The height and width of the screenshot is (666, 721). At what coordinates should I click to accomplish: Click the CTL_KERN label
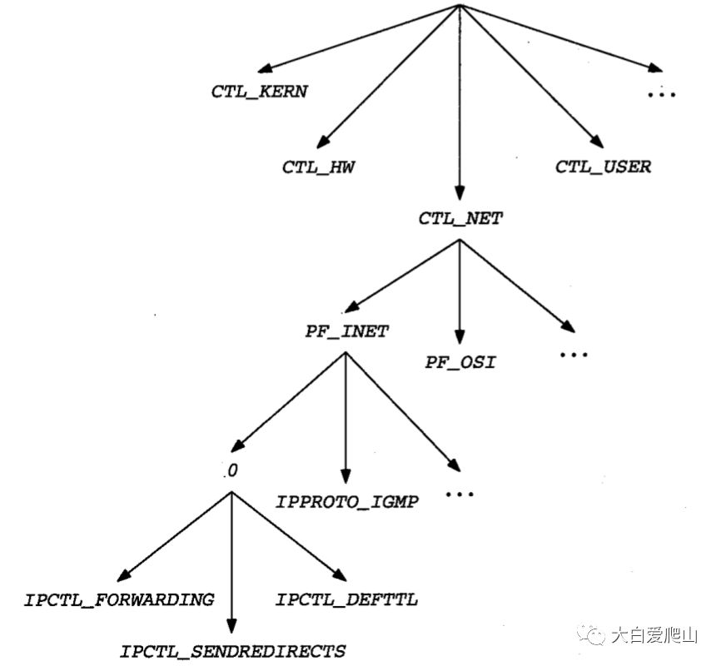[259, 92]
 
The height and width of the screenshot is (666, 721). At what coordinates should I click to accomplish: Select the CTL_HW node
[319, 166]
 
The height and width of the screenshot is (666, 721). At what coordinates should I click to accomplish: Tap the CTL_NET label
[460, 219]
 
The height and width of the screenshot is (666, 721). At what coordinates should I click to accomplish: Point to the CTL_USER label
[603, 166]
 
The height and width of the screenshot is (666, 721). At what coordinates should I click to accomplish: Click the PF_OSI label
[460, 363]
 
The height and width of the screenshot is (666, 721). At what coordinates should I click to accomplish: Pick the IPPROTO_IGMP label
[347, 502]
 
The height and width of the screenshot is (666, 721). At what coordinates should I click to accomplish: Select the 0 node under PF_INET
[232, 471]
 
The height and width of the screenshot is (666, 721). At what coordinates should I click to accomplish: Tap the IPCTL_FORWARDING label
[119, 599]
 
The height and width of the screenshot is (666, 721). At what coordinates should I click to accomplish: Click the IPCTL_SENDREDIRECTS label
[232, 650]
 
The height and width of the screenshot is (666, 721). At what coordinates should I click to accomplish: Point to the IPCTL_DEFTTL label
[346, 599]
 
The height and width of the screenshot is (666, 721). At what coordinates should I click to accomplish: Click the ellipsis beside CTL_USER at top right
[662, 94]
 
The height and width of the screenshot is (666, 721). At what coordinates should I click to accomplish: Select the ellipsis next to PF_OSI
[574, 355]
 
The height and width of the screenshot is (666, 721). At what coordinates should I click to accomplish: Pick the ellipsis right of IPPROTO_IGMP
[460, 494]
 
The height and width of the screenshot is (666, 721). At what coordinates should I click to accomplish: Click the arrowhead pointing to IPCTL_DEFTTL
[340, 574]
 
